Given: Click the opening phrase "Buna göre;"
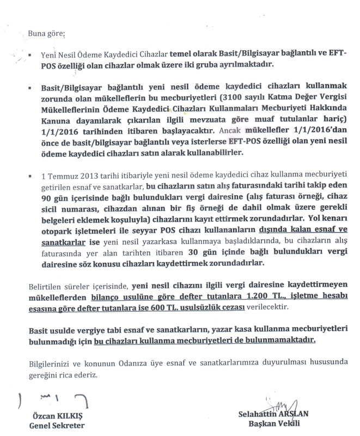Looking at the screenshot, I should click(x=45, y=34).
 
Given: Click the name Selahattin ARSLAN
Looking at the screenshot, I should click(x=273, y=414).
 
